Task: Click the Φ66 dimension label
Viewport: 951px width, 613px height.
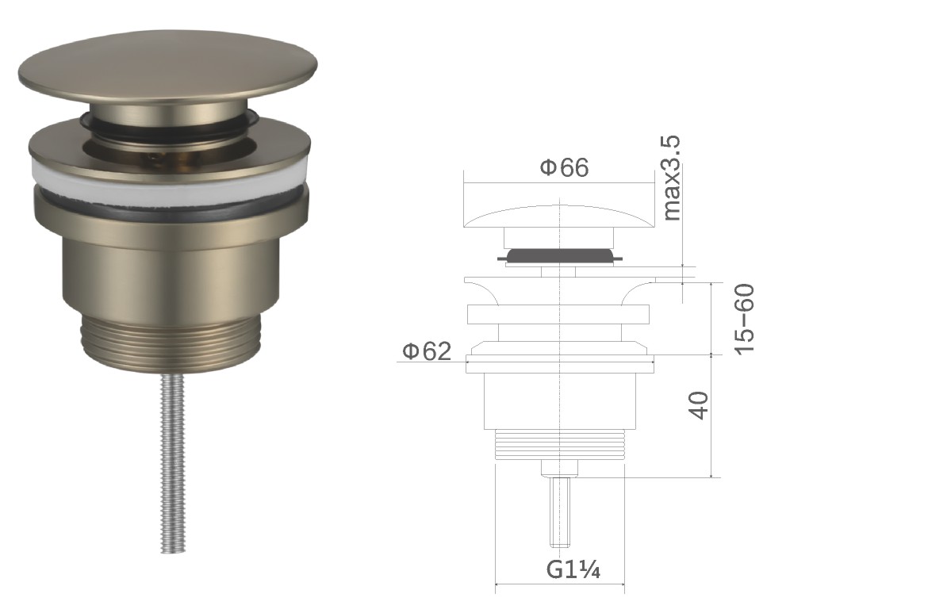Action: click(x=564, y=167)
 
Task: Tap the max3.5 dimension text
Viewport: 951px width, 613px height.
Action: click(x=671, y=178)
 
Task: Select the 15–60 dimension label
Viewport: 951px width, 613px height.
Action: click(x=743, y=319)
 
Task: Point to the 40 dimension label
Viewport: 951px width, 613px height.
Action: click(x=699, y=405)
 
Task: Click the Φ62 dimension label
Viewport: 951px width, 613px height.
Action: click(x=428, y=351)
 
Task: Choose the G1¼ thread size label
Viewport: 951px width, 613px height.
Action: click(x=573, y=569)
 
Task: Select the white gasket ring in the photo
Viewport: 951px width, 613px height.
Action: click(x=170, y=182)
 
